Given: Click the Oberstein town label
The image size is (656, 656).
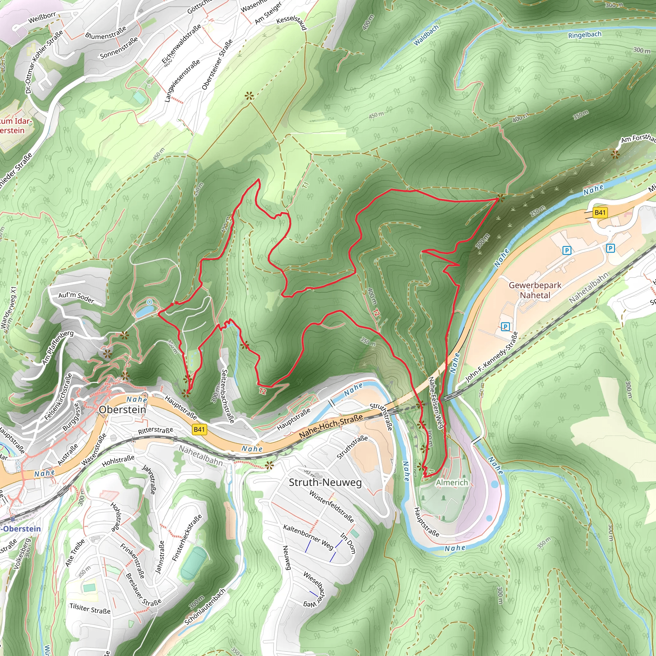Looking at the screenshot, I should click(123, 410).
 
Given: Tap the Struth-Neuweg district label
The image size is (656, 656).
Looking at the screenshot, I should click(325, 482).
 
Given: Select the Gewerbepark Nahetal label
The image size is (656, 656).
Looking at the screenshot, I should click(535, 290).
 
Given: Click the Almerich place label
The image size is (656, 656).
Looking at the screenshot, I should click(452, 482).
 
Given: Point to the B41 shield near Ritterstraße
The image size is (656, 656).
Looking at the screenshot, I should click(199, 430).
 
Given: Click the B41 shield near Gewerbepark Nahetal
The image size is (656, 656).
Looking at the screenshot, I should click(600, 213).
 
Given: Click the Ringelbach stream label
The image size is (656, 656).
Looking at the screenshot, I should click(585, 35).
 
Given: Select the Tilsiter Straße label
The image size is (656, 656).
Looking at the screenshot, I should click(90, 609).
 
